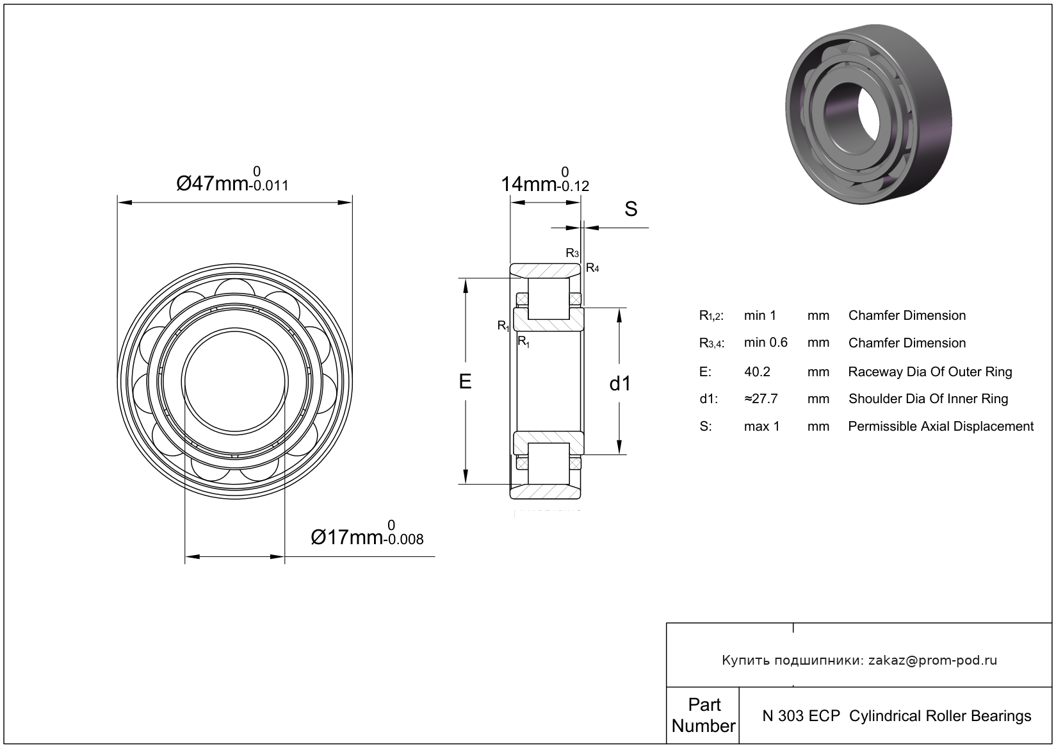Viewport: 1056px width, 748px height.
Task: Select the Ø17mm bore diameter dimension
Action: point(366,536)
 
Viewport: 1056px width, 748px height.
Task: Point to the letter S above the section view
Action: point(631,209)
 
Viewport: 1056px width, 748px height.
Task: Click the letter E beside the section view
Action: point(466,381)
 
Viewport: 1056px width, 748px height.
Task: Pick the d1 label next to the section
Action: point(620,383)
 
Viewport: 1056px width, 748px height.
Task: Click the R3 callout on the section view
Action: point(572,253)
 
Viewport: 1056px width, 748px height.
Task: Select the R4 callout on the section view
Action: point(592,268)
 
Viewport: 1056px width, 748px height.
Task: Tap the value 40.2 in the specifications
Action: point(757,372)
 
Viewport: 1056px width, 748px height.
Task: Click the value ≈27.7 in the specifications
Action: point(761,399)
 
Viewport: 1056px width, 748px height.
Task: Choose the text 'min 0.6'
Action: point(765,343)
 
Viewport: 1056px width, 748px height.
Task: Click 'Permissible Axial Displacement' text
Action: point(940,426)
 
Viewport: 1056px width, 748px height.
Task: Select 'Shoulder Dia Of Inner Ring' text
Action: point(928,399)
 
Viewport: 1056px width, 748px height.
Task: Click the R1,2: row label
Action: point(711,315)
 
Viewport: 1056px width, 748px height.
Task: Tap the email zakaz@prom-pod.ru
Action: point(932,660)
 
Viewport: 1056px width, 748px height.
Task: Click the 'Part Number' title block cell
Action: point(703,715)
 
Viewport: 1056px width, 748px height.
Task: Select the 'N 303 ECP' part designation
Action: point(800,716)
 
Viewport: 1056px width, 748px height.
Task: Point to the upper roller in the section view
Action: point(548,298)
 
